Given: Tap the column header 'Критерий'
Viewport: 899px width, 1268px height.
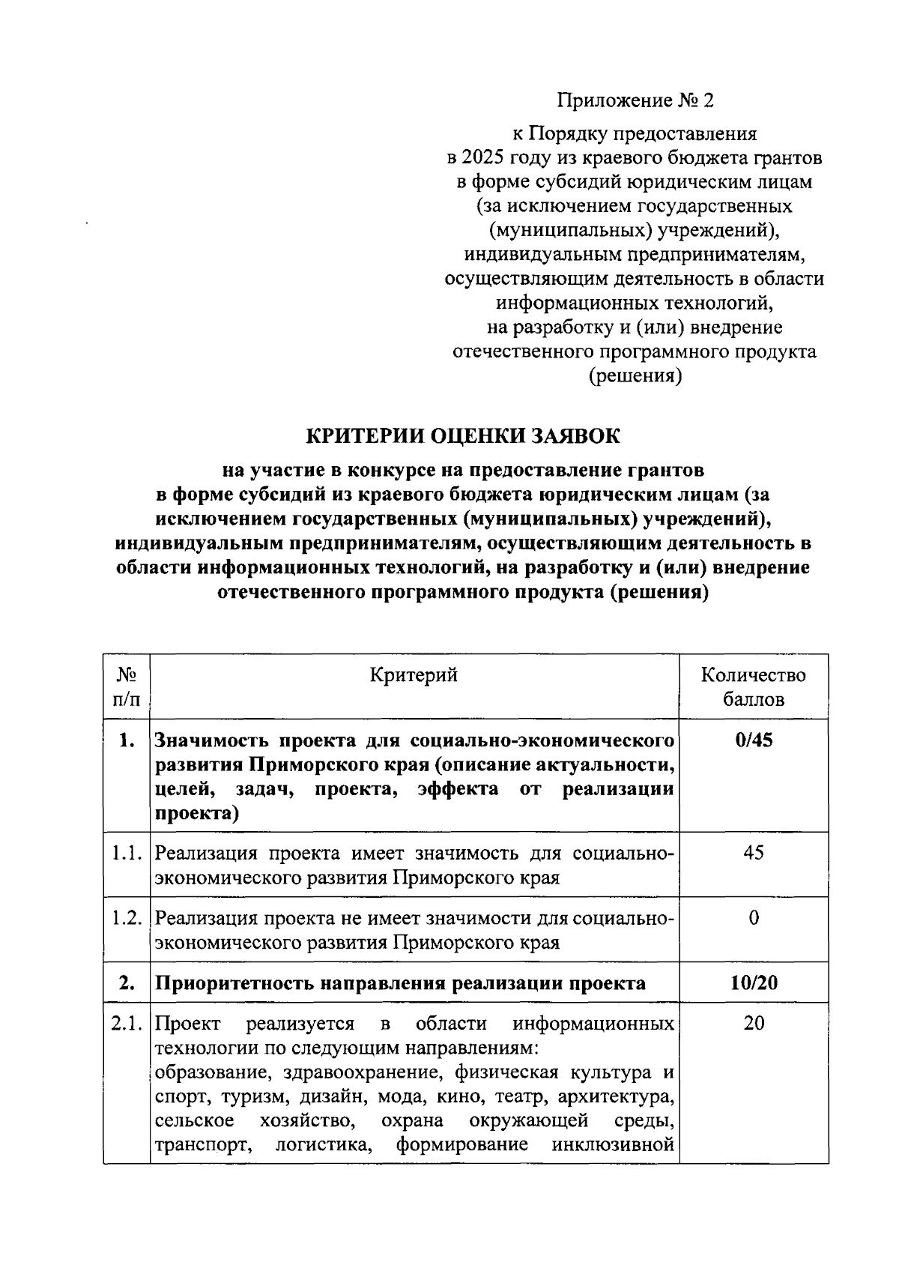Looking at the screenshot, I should click(414, 675).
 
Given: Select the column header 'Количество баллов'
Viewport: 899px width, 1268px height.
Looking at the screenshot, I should click(753, 687).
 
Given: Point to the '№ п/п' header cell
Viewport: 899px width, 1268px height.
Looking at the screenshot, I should click(127, 687).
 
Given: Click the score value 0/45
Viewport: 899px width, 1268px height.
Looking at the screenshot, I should click(754, 740).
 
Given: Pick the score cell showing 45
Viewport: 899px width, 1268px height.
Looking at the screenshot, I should click(754, 853).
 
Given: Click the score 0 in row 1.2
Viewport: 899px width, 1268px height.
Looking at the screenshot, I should click(754, 918).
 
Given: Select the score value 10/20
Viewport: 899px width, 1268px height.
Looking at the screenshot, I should click(754, 982).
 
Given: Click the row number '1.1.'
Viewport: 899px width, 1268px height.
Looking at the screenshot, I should click(127, 853).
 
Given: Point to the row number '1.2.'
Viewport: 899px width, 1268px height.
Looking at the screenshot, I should click(127, 918).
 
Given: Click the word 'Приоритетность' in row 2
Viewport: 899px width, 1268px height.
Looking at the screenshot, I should click(234, 983).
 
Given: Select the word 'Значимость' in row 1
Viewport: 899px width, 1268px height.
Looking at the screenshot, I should click(213, 741).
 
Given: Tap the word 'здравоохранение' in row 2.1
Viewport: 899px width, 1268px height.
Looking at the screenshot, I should click(355, 1072).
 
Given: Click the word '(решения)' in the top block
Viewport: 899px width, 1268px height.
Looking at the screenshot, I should click(635, 376).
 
